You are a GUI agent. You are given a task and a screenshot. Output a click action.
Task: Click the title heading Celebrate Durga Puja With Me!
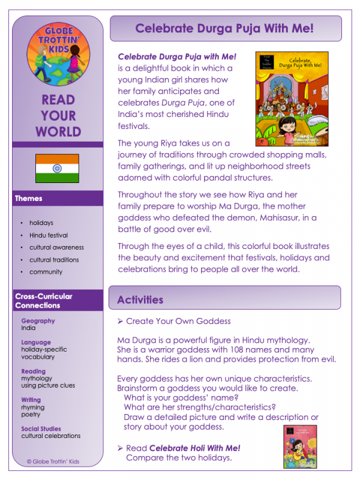[x=224, y=28]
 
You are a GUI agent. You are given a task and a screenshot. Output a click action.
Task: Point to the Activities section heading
[x=140, y=299]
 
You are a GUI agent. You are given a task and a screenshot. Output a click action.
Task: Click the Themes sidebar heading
[x=29, y=198]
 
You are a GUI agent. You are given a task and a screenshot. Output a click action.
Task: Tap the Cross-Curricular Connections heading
[x=43, y=301]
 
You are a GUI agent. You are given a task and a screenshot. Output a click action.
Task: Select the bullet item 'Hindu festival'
[x=49, y=235]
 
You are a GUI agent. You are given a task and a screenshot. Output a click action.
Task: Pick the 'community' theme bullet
[x=46, y=272]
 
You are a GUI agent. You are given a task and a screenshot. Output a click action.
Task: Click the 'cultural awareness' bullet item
[x=56, y=247]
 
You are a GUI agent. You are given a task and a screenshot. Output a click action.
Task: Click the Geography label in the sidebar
[x=38, y=321]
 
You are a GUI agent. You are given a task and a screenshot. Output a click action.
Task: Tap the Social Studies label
[x=44, y=428]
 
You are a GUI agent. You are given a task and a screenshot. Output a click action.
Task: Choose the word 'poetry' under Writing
[x=31, y=414]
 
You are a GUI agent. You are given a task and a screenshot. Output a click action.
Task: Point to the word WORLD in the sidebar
[x=58, y=131]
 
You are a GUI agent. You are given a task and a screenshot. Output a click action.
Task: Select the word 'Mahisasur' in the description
[x=269, y=218]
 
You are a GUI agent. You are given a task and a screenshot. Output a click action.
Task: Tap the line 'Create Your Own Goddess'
[x=178, y=322]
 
